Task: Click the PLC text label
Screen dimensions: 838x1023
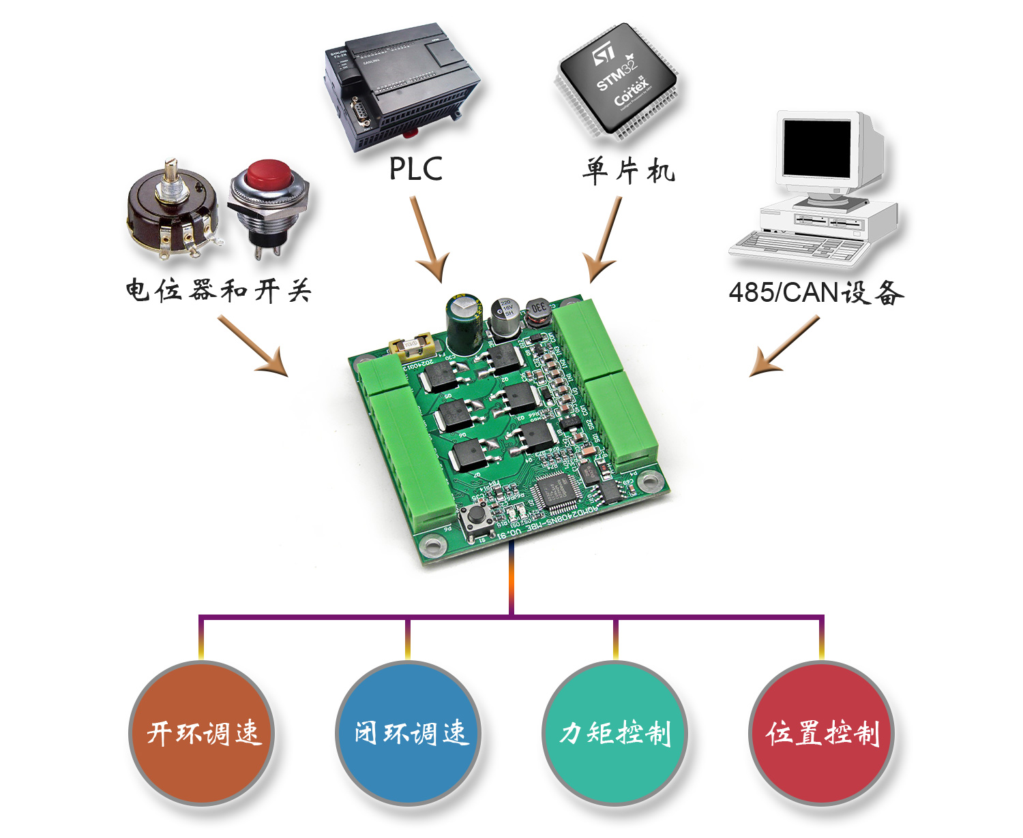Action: click(x=415, y=169)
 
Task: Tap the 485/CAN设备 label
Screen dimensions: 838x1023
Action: click(x=816, y=293)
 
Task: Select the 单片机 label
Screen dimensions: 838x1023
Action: click(x=628, y=170)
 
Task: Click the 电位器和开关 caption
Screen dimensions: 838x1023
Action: click(x=218, y=291)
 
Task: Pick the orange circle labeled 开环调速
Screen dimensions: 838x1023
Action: click(x=202, y=733)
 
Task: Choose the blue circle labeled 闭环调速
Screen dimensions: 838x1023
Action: click(x=409, y=733)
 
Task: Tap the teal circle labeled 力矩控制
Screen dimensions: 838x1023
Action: click(x=614, y=733)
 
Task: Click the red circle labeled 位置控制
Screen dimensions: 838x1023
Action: click(x=821, y=733)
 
